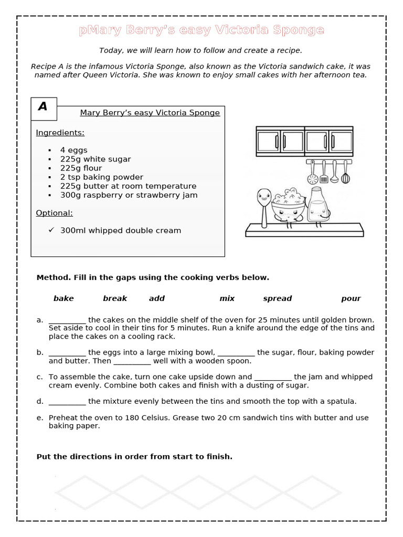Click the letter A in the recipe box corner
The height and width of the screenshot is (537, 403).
43,106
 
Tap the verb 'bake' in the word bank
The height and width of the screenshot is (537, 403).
63,298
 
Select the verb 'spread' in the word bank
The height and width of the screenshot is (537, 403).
277,298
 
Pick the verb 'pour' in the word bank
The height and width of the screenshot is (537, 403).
351,298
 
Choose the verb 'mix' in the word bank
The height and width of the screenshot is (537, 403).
227,298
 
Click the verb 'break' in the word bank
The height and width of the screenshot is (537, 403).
115,298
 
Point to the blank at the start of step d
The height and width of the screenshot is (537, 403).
67,402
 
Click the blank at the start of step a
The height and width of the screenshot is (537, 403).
67,320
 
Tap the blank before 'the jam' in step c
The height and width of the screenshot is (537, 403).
272,377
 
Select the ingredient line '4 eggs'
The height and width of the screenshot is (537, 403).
73,150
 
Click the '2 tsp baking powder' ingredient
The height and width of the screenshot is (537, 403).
101,177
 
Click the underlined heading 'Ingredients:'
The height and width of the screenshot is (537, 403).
60,133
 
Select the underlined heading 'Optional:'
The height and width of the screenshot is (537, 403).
54,213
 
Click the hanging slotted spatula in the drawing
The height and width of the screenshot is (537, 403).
324,174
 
